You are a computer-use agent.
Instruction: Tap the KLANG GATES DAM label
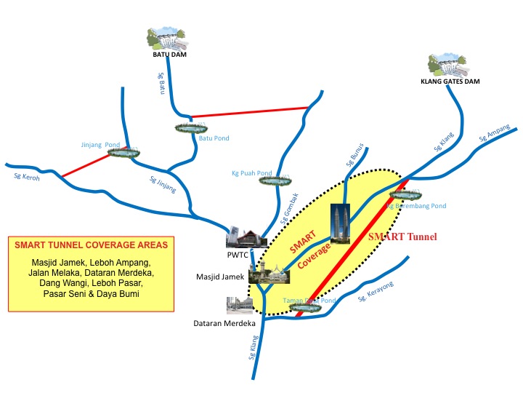tap(451, 82)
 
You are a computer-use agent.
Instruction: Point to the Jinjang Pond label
tap(100, 144)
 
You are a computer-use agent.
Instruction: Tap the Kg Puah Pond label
tap(251, 173)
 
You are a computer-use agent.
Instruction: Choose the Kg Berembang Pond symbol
tap(406, 194)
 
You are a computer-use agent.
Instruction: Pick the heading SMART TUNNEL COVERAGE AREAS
tap(91, 245)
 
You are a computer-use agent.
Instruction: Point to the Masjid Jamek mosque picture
tap(269, 273)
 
